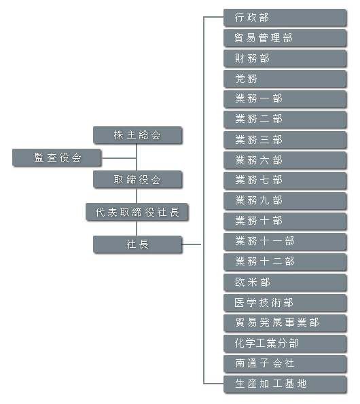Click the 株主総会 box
(x=137, y=135)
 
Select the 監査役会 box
(x=56, y=158)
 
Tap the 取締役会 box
(x=137, y=179)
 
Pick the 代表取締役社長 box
(x=137, y=212)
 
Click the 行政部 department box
(x=285, y=18)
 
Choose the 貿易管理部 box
(x=285, y=38)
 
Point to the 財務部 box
(x=285, y=58)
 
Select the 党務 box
(x=285, y=79)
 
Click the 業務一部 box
(x=285, y=99)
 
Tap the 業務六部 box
(x=285, y=160)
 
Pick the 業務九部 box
(x=285, y=201)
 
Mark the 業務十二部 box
(x=285, y=262)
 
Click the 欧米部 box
(x=285, y=282)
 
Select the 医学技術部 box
(x=285, y=303)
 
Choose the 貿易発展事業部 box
(x=285, y=323)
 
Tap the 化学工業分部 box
(x=285, y=344)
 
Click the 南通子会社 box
(x=285, y=363)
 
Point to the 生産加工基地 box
(x=285, y=384)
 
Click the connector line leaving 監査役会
(x=119, y=158)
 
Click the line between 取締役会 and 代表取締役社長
(x=137, y=196)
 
